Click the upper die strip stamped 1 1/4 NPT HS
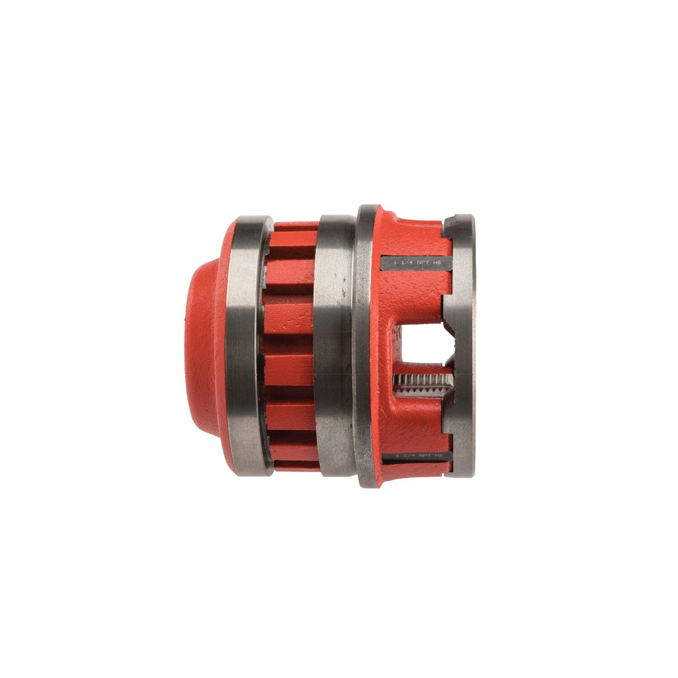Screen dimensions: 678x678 [416, 263]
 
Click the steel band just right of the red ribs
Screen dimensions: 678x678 [334, 345]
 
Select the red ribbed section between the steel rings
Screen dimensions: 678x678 [289, 345]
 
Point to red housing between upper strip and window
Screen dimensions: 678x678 [414, 292]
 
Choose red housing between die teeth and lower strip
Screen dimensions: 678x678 [414, 424]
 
